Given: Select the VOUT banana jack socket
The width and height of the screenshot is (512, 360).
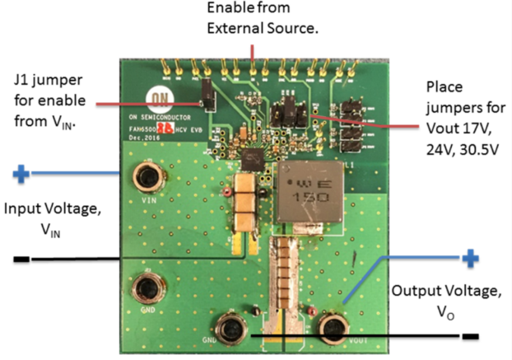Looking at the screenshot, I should [x=334, y=329].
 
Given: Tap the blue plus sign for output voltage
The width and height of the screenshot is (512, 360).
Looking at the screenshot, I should [x=470, y=259].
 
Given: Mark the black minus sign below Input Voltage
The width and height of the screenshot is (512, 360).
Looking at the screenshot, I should [x=22, y=261].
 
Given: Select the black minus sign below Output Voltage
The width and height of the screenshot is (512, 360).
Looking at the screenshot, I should [x=470, y=335].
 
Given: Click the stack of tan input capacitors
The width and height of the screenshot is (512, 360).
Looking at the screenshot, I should [x=245, y=203].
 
